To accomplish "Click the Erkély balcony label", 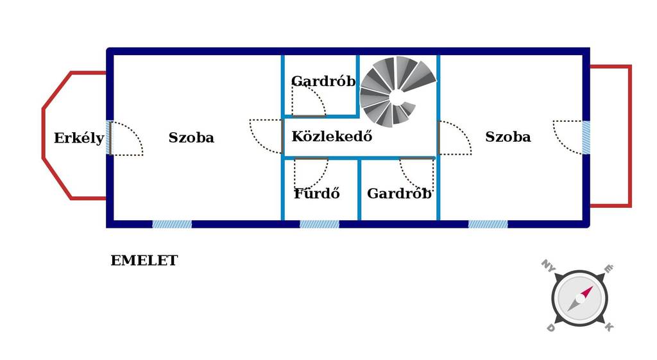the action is [x=79, y=139].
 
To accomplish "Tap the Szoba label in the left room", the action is [x=191, y=137].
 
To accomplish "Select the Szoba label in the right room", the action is [x=508, y=137].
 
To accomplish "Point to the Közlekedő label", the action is [x=332, y=136].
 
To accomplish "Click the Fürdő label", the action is [x=317, y=193].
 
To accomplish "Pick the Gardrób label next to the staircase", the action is [x=323, y=81].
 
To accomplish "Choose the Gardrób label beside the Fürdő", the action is [x=399, y=193].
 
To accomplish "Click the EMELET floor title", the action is [x=144, y=261].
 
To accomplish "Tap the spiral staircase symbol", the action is [x=397, y=91].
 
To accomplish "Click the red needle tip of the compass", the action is [x=592, y=287].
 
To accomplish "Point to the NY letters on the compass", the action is [x=548, y=265].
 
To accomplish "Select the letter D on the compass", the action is [x=551, y=328].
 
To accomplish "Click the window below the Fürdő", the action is [x=320, y=224].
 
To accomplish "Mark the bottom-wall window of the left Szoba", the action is [x=172, y=224].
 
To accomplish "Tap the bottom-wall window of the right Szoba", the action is [x=488, y=224].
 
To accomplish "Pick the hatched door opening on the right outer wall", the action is [x=586, y=137].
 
